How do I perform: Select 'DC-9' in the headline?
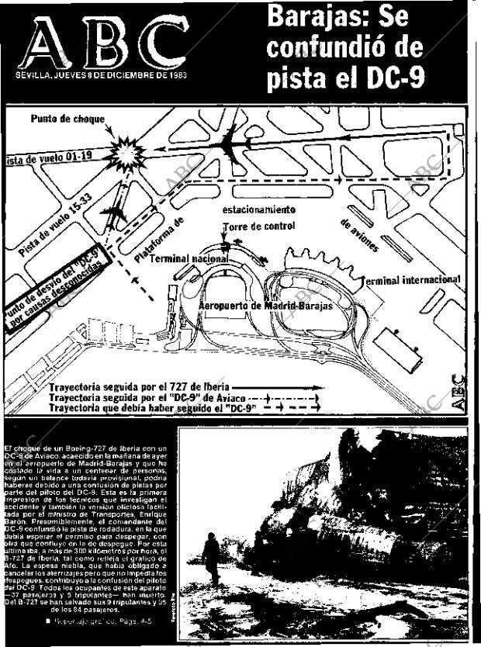coord(391,77)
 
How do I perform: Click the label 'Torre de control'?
coord(258,227)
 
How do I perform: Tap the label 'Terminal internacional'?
coord(410,279)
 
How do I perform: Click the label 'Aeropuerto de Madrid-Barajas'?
coord(265,306)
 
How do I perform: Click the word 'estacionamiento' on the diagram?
coord(258,209)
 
